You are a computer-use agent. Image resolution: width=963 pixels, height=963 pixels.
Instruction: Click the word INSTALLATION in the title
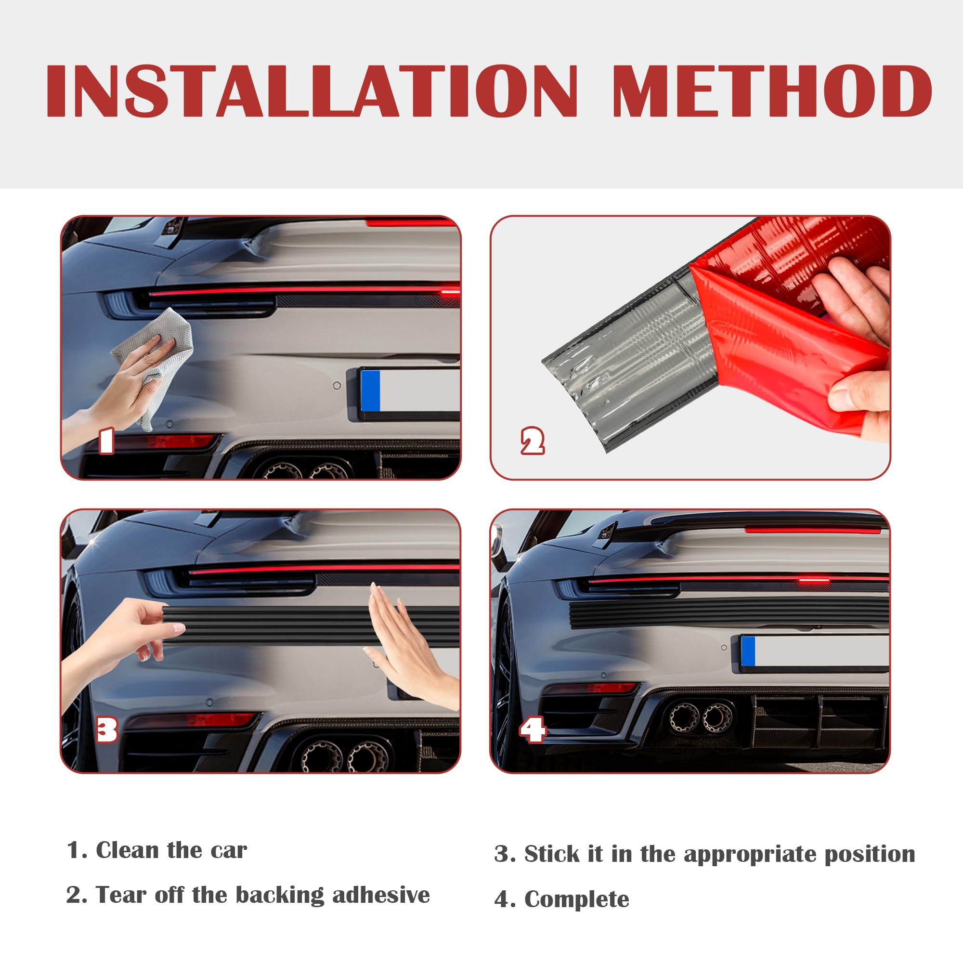click(x=312, y=91)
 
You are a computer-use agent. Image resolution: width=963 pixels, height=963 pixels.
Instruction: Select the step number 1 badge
click(x=106, y=441)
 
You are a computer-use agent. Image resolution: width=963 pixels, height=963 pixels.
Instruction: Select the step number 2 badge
click(x=532, y=441)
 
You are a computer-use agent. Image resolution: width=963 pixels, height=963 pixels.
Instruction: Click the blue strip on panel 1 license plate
click(x=371, y=390)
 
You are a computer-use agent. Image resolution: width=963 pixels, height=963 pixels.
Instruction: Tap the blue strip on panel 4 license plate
click(x=748, y=651)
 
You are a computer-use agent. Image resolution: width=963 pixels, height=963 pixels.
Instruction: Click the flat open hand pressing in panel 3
click(x=409, y=648)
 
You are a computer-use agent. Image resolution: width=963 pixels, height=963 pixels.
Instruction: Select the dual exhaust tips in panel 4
click(x=700, y=718)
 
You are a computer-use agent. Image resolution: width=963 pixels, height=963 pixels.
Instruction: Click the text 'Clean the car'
click(x=171, y=850)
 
